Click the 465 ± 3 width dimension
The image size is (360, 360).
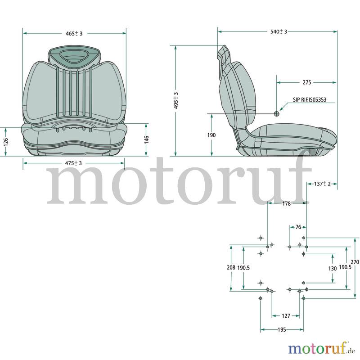click(x=74, y=33)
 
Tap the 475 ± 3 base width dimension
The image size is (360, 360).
click(x=73, y=163)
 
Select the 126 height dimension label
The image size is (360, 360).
click(x=6, y=142)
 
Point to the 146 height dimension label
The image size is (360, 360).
click(x=147, y=139)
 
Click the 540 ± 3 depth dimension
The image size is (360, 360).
click(x=279, y=31)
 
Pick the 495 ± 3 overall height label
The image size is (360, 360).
click(x=176, y=100)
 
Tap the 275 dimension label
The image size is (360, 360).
click(x=307, y=82)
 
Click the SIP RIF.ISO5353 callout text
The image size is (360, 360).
click(x=310, y=99)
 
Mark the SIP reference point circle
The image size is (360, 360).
click(x=277, y=114)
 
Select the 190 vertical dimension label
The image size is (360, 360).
click(x=211, y=135)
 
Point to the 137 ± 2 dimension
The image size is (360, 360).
click(x=322, y=184)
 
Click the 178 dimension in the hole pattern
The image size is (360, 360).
click(x=286, y=204)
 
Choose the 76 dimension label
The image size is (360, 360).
click(x=298, y=227)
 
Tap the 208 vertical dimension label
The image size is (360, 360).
click(x=231, y=267)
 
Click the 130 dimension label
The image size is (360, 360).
click(x=333, y=268)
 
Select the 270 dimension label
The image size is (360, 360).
click(x=355, y=262)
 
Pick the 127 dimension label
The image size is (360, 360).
click(x=286, y=316)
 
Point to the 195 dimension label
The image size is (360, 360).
click(x=282, y=330)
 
